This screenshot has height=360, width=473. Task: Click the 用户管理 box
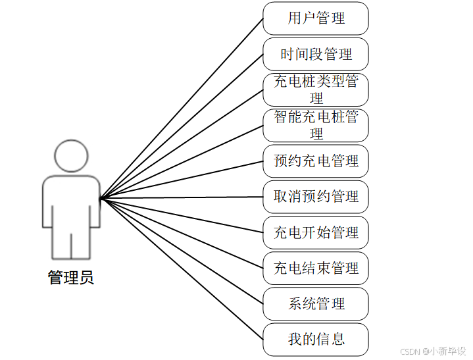pos(316,18)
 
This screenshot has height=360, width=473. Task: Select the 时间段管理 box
pos(316,54)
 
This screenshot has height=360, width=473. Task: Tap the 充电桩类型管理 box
pos(316,90)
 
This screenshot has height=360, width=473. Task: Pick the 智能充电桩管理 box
pos(316,125)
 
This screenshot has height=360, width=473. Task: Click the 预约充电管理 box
pos(316,161)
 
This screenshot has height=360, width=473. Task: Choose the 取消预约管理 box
pos(316,196)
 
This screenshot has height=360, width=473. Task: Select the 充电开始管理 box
pos(316,232)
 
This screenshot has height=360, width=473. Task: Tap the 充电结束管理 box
pos(316,268)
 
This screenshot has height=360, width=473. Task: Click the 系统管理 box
pos(316,303)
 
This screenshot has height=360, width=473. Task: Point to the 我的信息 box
pos(316,339)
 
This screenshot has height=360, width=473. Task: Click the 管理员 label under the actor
pos(71,278)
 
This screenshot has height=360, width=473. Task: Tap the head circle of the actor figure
pos(71,155)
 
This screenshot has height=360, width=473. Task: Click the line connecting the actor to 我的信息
pos(182,268)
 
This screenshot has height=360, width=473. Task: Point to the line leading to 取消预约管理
pos(182,197)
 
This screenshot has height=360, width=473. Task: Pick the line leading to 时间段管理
pos(182,126)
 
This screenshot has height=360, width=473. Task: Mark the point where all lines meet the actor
pos(101,197)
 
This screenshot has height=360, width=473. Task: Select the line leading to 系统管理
pos(182,250)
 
